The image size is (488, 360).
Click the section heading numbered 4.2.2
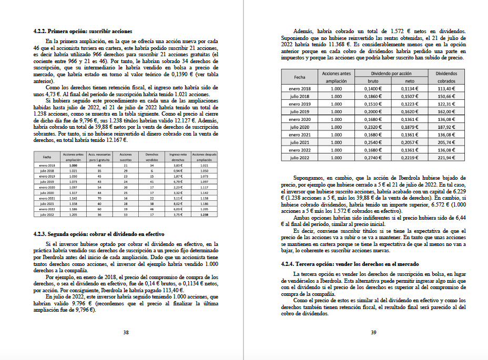click(83, 32)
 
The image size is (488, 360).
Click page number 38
click(126, 332)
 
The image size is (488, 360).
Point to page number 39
click(373, 332)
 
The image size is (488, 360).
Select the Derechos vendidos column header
click(151, 157)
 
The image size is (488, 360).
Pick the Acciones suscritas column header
click(126, 157)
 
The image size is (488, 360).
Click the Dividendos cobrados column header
click(446, 77)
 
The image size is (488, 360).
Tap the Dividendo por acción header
click(391, 74)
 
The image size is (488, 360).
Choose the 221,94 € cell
click(446, 157)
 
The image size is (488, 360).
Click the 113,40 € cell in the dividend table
click(446, 89)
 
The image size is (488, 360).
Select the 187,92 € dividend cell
click(446, 127)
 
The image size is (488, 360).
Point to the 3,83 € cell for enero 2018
click(177, 165)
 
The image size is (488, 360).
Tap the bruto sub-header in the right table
click(372, 81)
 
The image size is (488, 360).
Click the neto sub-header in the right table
click(410, 81)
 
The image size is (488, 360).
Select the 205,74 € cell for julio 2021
click(446, 142)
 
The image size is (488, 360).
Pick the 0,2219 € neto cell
click(410, 157)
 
